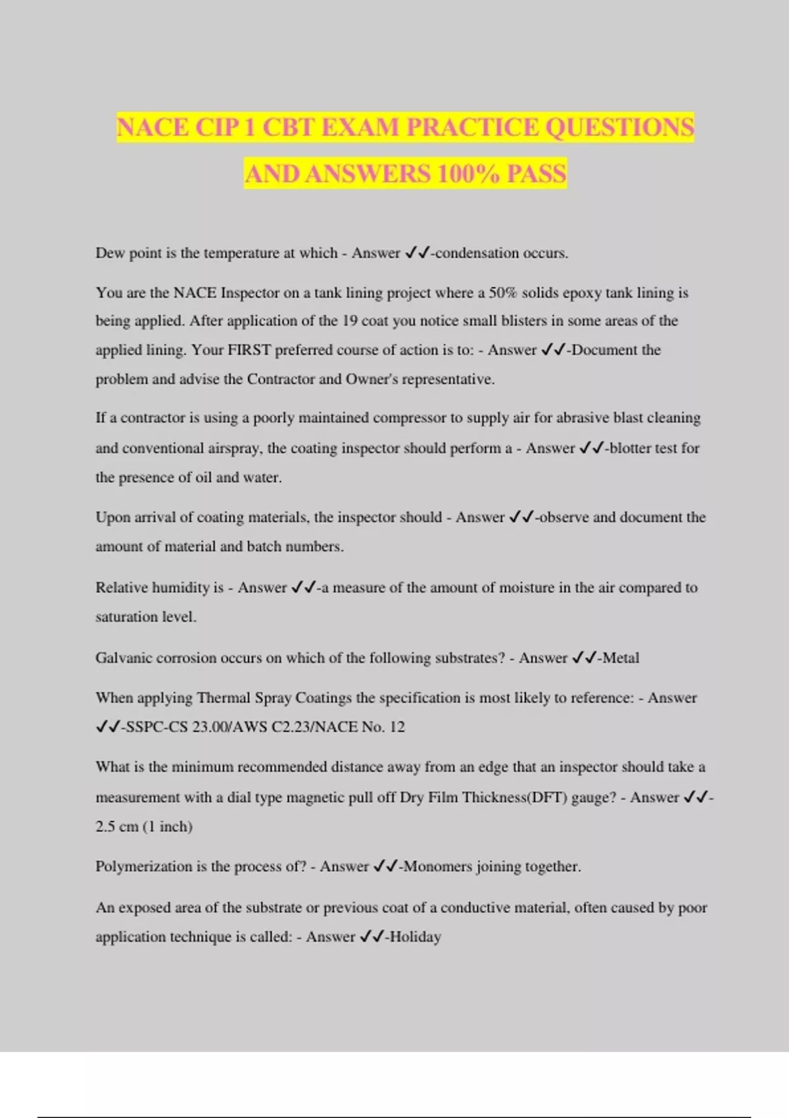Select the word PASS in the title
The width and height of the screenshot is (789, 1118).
[537, 174]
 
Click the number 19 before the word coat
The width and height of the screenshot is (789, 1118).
[349, 321]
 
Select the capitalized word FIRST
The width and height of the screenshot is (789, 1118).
[249, 350]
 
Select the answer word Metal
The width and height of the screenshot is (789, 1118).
[621, 658]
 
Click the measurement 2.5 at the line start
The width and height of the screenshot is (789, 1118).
[107, 827]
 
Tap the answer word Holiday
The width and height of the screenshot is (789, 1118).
[416, 936]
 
